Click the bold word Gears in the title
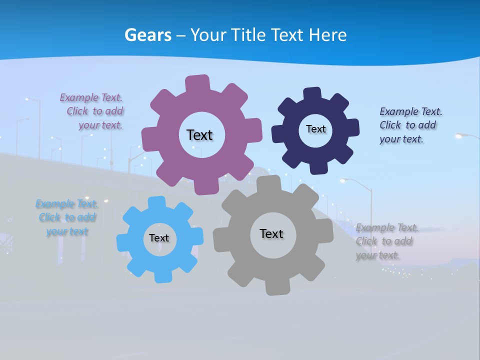pyautogui.click(x=148, y=35)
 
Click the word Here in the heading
pyautogui.click(x=327, y=35)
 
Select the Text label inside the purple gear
pyautogui.click(x=199, y=135)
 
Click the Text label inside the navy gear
pyautogui.click(x=315, y=129)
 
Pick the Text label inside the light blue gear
pyautogui.click(x=159, y=238)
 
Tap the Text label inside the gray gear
pyautogui.click(x=271, y=233)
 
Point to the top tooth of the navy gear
pyautogui.click(x=312, y=94)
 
